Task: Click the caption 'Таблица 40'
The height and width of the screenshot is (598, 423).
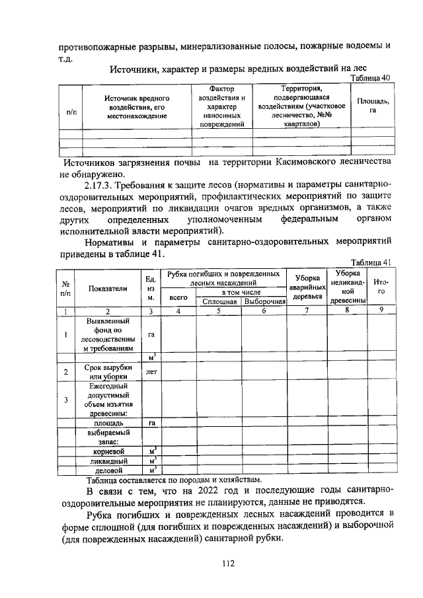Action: coord(370,77)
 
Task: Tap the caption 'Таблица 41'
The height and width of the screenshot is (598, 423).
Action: coord(371,262)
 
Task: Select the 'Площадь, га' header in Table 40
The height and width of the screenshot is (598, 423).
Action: coord(373,105)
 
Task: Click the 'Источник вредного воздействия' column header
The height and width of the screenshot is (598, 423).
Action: coord(137,106)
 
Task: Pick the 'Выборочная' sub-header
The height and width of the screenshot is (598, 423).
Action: coord(264,301)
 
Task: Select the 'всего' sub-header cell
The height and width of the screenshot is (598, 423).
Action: coord(179,297)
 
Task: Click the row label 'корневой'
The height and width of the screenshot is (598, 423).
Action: coord(108,451)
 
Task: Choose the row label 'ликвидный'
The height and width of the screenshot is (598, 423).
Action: coord(108,461)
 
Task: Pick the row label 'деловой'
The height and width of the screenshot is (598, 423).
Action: coord(108,470)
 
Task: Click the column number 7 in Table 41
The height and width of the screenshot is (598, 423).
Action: coord(307,311)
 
